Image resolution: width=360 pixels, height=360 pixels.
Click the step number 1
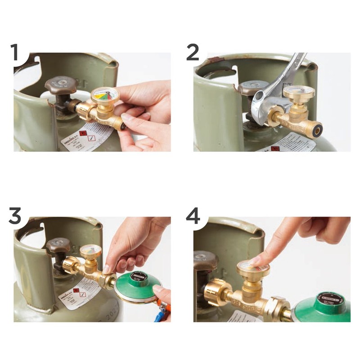click(x=16, y=53)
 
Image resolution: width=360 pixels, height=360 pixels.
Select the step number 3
click(x=15, y=216)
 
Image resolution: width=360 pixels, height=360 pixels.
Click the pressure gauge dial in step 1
click(x=104, y=95)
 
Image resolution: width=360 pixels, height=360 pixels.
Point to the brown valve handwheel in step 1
click(x=60, y=85)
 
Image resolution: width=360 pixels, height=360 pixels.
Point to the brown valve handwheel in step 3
click(x=58, y=246)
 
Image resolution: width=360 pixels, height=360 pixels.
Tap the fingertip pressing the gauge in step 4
click(x=255, y=261)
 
